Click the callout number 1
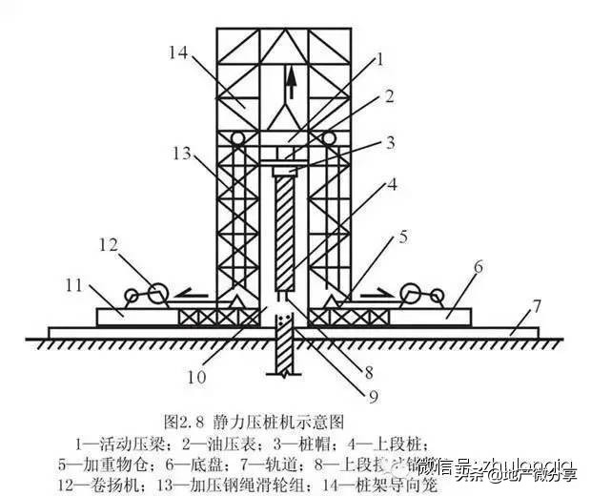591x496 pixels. click(x=378, y=59)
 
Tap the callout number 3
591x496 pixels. click(x=389, y=143)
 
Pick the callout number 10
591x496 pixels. click(x=195, y=376)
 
